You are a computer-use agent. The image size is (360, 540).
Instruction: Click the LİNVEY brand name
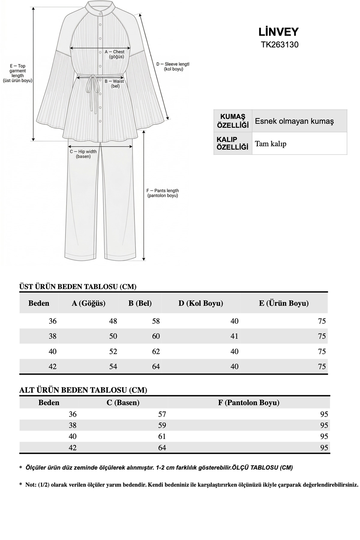click(279, 32)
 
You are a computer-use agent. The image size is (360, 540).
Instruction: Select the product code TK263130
click(280, 45)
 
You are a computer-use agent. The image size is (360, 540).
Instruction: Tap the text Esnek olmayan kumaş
click(294, 121)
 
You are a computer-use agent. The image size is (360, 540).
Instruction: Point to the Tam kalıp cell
click(271, 144)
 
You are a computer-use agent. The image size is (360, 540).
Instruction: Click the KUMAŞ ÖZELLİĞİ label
click(233, 121)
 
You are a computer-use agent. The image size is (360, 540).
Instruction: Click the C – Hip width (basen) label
click(83, 154)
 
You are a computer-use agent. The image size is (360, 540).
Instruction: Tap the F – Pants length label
click(163, 193)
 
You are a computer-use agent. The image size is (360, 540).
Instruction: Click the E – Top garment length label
click(18, 73)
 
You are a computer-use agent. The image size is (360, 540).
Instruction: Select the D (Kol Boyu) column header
click(201, 303)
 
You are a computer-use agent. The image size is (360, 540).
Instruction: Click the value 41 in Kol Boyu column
click(234, 336)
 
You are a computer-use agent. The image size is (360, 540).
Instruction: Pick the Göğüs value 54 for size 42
click(113, 366)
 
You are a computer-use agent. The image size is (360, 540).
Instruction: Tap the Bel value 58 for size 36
click(156, 321)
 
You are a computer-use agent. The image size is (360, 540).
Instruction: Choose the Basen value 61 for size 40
click(162, 436)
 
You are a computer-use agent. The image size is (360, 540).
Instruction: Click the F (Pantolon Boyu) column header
click(249, 403)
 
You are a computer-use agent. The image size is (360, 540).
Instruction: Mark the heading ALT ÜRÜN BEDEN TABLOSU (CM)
click(83, 390)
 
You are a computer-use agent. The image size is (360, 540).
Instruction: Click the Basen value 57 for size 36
click(162, 414)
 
